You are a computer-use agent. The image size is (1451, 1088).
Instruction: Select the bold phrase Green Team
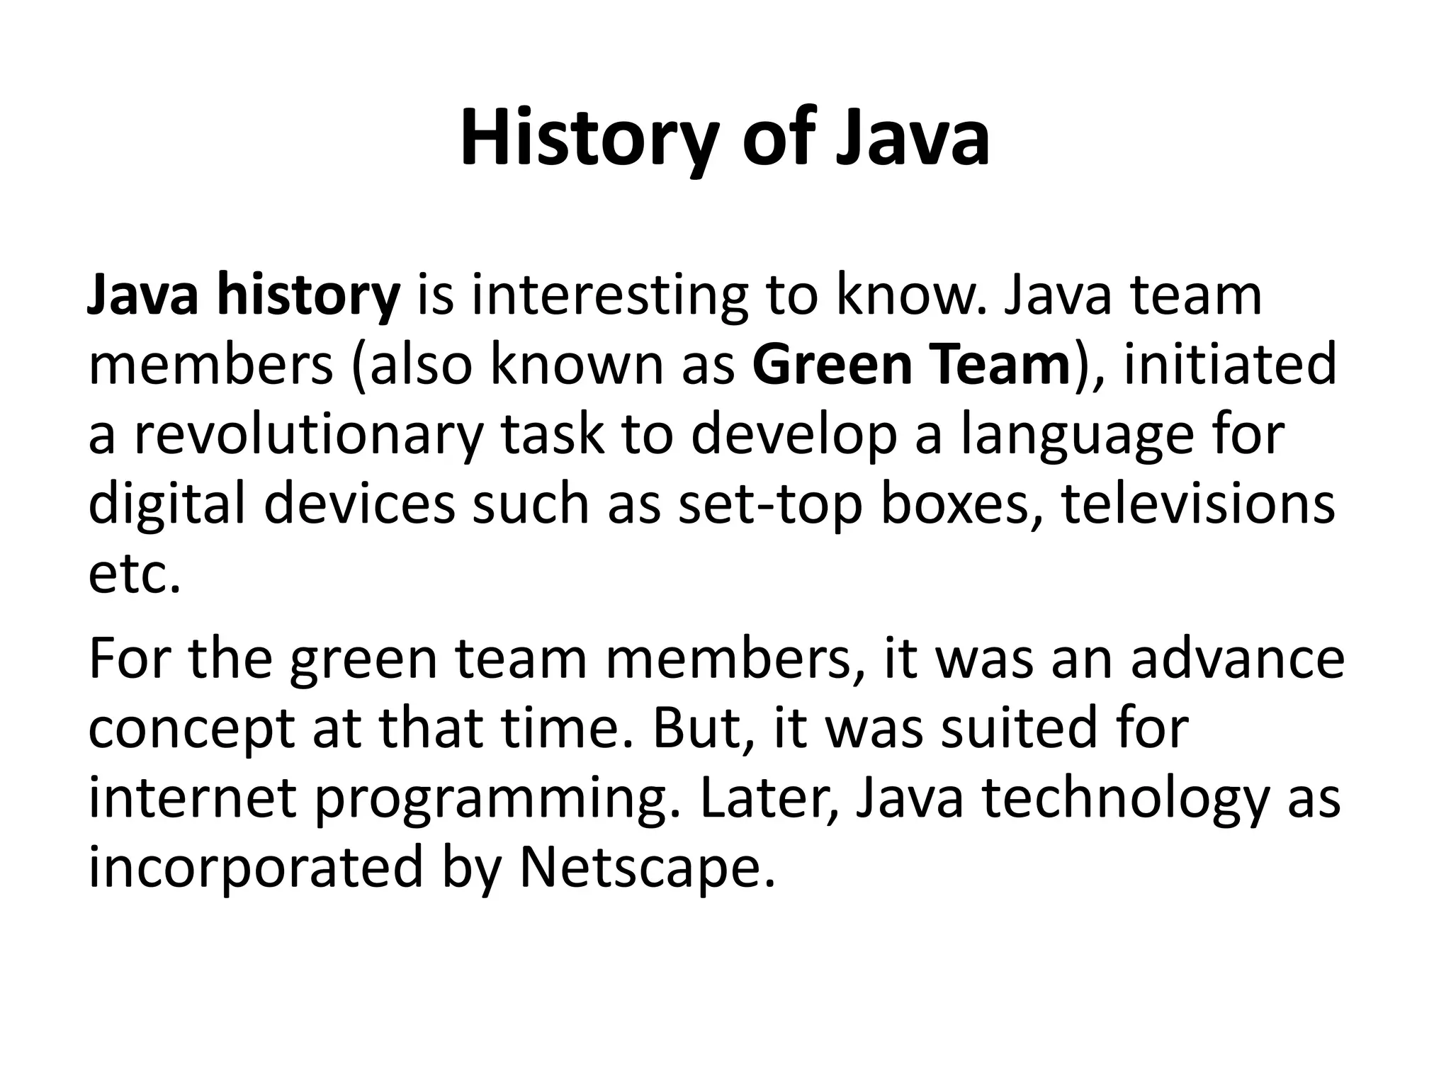(910, 365)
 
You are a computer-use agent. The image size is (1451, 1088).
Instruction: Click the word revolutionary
(309, 434)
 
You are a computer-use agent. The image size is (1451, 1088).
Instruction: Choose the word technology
(1124, 798)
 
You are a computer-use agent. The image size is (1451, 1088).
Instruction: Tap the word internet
(192, 798)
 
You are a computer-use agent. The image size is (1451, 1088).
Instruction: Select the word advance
(1237, 659)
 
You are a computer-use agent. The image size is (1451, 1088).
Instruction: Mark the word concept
(191, 728)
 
